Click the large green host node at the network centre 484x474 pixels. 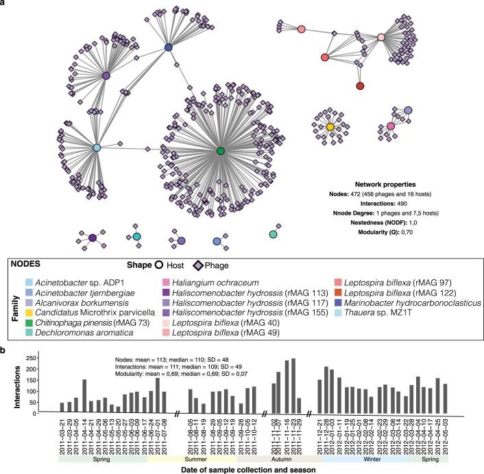pos(220,150)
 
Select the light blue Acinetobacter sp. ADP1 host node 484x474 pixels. pos(97,148)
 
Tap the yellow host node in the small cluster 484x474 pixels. pos(330,127)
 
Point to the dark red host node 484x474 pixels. pos(360,86)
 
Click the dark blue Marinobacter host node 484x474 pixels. pos(168,47)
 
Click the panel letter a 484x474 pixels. pos(4,4)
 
